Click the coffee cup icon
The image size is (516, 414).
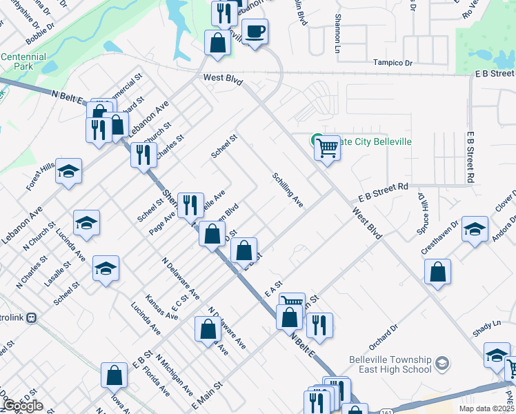(255, 32)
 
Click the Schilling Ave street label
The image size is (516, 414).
(288, 190)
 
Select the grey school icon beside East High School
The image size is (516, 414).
(442, 362)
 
